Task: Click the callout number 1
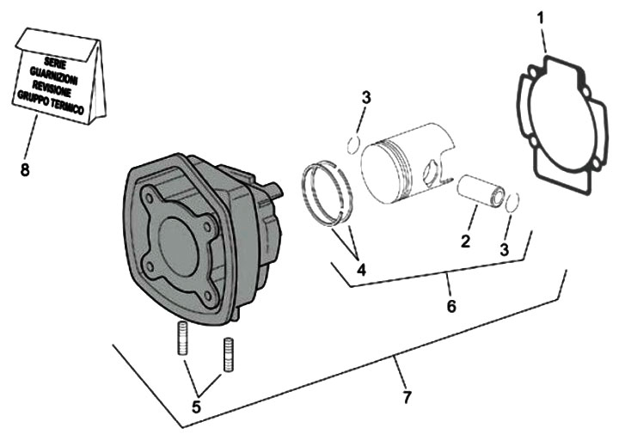(x=541, y=16)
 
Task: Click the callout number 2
(x=465, y=241)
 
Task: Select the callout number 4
(x=362, y=270)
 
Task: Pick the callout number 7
(x=406, y=397)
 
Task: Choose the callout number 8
(x=25, y=169)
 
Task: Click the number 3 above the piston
(x=366, y=97)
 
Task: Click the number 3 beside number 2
(x=505, y=248)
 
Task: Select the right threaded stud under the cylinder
(x=228, y=354)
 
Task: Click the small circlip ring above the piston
(x=354, y=142)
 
